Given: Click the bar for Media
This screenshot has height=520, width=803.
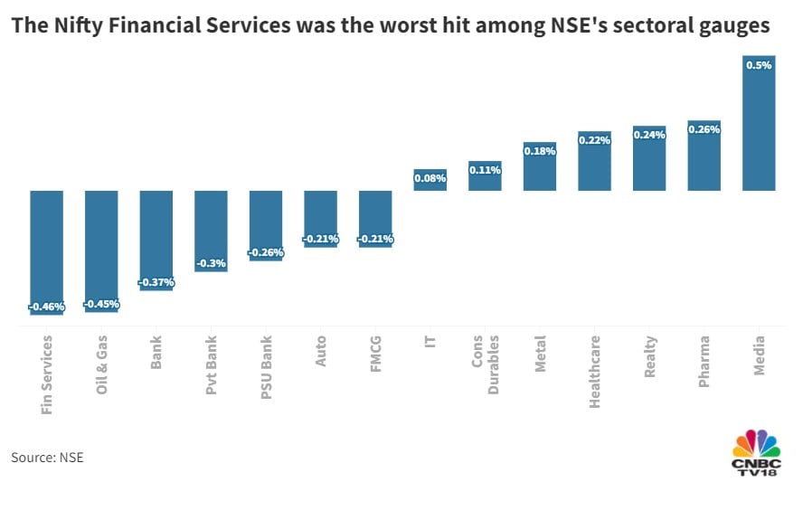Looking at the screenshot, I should [x=759, y=127].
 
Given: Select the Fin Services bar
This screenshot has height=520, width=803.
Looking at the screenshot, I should [x=46, y=249].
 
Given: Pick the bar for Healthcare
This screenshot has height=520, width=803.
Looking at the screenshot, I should [x=594, y=165].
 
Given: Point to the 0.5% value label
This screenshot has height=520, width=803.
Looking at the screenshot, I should [x=759, y=65].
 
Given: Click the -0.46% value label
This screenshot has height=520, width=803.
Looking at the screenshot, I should [x=46, y=307].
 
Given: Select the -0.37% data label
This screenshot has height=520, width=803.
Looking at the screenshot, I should [x=156, y=283].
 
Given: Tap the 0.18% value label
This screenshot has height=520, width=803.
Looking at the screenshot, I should [x=540, y=151].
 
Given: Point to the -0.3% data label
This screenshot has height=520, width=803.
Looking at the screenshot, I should [x=211, y=264].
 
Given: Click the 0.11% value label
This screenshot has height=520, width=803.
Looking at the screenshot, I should [x=485, y=170].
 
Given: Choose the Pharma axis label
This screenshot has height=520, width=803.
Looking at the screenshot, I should [x=704, y=362].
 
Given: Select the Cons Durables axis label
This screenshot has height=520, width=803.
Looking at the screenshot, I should [x=485, y=366].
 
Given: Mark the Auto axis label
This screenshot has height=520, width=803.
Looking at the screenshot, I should [x=321, y=353].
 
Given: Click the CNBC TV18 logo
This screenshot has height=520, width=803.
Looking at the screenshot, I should [x=756, y=449].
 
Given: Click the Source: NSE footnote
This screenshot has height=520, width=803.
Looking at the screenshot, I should [x=47, y=458].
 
